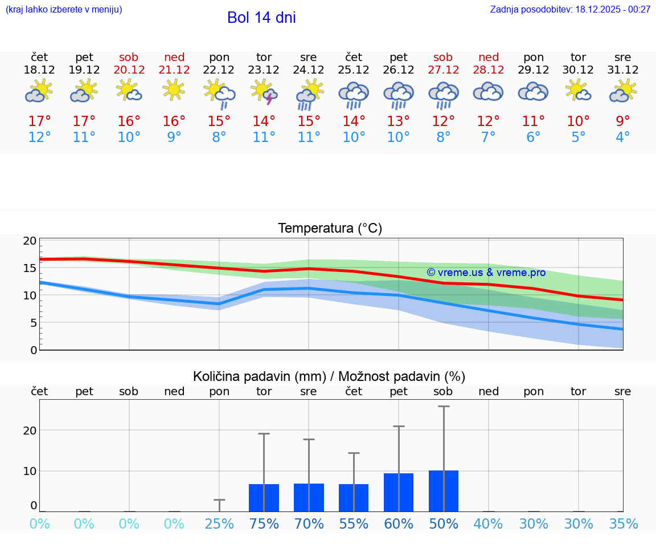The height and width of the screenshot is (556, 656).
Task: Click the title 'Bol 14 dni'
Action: click(x=261, y=18)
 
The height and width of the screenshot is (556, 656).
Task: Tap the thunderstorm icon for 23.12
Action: click(x=264, y=92)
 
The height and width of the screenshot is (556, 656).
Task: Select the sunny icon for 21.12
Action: click(x=174, y=90)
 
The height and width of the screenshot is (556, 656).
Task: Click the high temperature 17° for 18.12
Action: click(x=39, y=121)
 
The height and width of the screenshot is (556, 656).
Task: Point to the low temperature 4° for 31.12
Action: click(x=623, y=137)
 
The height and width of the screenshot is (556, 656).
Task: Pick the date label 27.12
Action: click(x=443, y=70)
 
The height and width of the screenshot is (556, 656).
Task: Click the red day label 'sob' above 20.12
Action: click(x=129, y=57)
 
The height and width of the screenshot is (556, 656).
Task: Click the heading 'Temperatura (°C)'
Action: click(x=330, y=229)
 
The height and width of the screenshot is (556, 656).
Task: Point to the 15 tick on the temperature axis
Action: click(x=30, y=268)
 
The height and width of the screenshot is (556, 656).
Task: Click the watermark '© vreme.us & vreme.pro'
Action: click(x=486, y=273)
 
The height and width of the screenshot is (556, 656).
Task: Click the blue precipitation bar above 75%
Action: click(x=264, y=498)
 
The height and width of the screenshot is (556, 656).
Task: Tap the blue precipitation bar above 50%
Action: click(x=444, y=491)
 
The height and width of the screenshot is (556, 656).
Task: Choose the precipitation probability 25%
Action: click(x=219, y=524)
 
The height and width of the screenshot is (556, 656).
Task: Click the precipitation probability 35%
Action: click(x=623, y=524)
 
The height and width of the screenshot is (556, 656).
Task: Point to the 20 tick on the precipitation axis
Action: click(x=30, y=431)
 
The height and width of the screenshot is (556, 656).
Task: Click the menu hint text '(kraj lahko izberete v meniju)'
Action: click(x=64, y=10)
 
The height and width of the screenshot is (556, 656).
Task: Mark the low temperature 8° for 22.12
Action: click(x=219, y=137)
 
